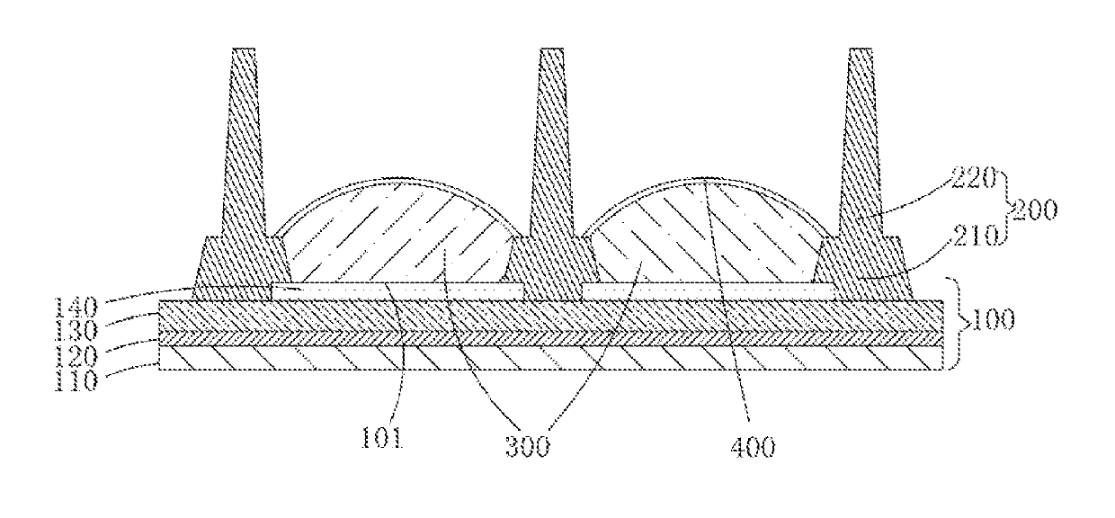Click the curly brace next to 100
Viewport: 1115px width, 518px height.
(956, 320)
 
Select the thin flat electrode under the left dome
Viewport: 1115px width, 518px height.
(396, 290)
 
